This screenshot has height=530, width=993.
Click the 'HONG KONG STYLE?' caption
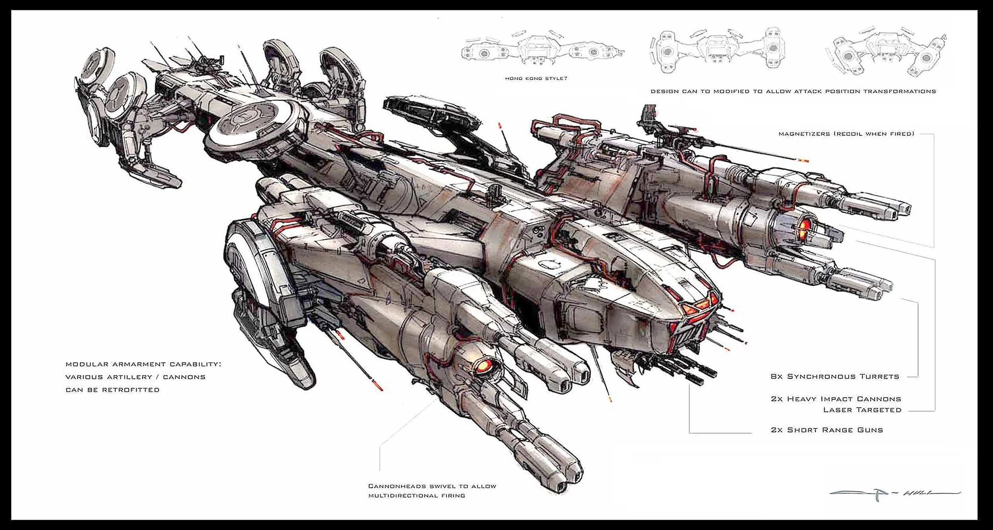coord(536,79)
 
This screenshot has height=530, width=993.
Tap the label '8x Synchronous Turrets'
coord(835,376)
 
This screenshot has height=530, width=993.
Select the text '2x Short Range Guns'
coord(827,430)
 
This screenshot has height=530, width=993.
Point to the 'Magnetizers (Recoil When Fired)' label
coord(846,134)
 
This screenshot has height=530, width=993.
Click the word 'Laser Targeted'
coord(862,410)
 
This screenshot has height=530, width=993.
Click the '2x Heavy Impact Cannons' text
coord(836,399)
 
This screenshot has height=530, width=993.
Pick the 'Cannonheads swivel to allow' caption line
coord(432,486)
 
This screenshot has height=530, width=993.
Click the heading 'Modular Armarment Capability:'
coord(143,364)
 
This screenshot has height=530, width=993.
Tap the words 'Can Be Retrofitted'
coord(112,390)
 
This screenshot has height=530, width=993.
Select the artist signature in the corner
coord(894,493)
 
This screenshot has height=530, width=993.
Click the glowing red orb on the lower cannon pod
coord(485,364)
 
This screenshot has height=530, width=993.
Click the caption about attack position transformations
coord(793,91)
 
